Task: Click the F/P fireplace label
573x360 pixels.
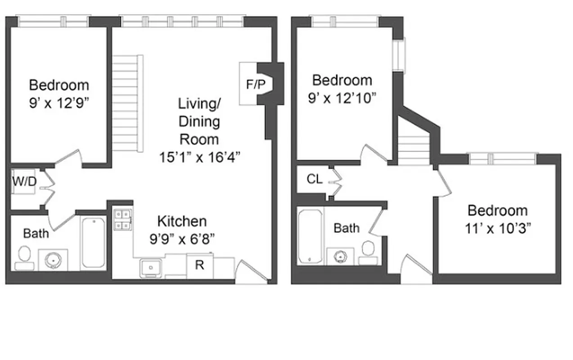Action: pyautogui.click(x=256, y=84)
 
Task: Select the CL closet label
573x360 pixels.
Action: pyautogui.click(x=315, y=179)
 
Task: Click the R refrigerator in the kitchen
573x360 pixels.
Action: pyautogui.click(x=199, y=265)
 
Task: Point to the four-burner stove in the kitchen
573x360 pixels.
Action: pyautogui.click(x=122, y=220)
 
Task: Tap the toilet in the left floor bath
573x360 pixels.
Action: pyautogui.click(x=23, y=258)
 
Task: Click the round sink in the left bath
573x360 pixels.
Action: pyautogui.click(x=53, y=260)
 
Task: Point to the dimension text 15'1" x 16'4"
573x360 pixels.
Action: pyautogui.click(x=199, y=157)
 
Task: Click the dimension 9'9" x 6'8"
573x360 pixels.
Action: pyautogui.click(x=182, y=239)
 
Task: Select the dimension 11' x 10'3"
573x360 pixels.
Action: pyautogui.click(x=497, y=228)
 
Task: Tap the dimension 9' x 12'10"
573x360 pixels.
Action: pyautogui.click(x=343, y=98)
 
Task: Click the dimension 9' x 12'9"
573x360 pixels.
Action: pyautogui.click(x=59, y=103)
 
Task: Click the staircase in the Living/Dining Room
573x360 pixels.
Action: pyautogui.click(x=127, y=104)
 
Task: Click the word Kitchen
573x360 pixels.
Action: pyautogui.click(x=182, y=221)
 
